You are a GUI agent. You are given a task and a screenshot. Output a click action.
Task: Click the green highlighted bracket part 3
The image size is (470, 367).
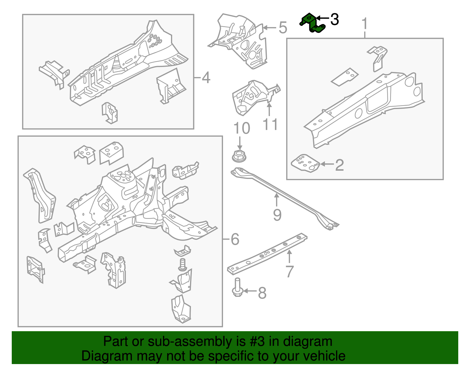[x=312, y=23]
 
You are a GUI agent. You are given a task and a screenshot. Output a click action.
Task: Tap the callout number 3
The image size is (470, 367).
[x=335, y=20]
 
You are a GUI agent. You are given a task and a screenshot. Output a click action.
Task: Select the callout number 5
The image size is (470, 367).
[x=283, y=28]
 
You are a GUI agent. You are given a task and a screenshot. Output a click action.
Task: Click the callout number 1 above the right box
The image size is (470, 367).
[x=365, y=24]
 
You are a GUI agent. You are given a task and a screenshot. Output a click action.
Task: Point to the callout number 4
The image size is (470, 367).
[x=206, y=78]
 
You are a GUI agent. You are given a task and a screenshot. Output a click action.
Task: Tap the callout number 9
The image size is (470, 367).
[x=277, y=215]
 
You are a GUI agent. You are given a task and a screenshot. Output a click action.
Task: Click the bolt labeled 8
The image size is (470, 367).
[x=237, y=288]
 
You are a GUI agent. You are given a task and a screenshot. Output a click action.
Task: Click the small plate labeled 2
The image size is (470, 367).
[x=305, y=163]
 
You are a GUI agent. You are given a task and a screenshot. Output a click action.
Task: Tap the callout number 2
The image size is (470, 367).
[x=339, y=165]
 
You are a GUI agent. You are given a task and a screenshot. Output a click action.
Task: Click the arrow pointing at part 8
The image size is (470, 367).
[x=250, y=291]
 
